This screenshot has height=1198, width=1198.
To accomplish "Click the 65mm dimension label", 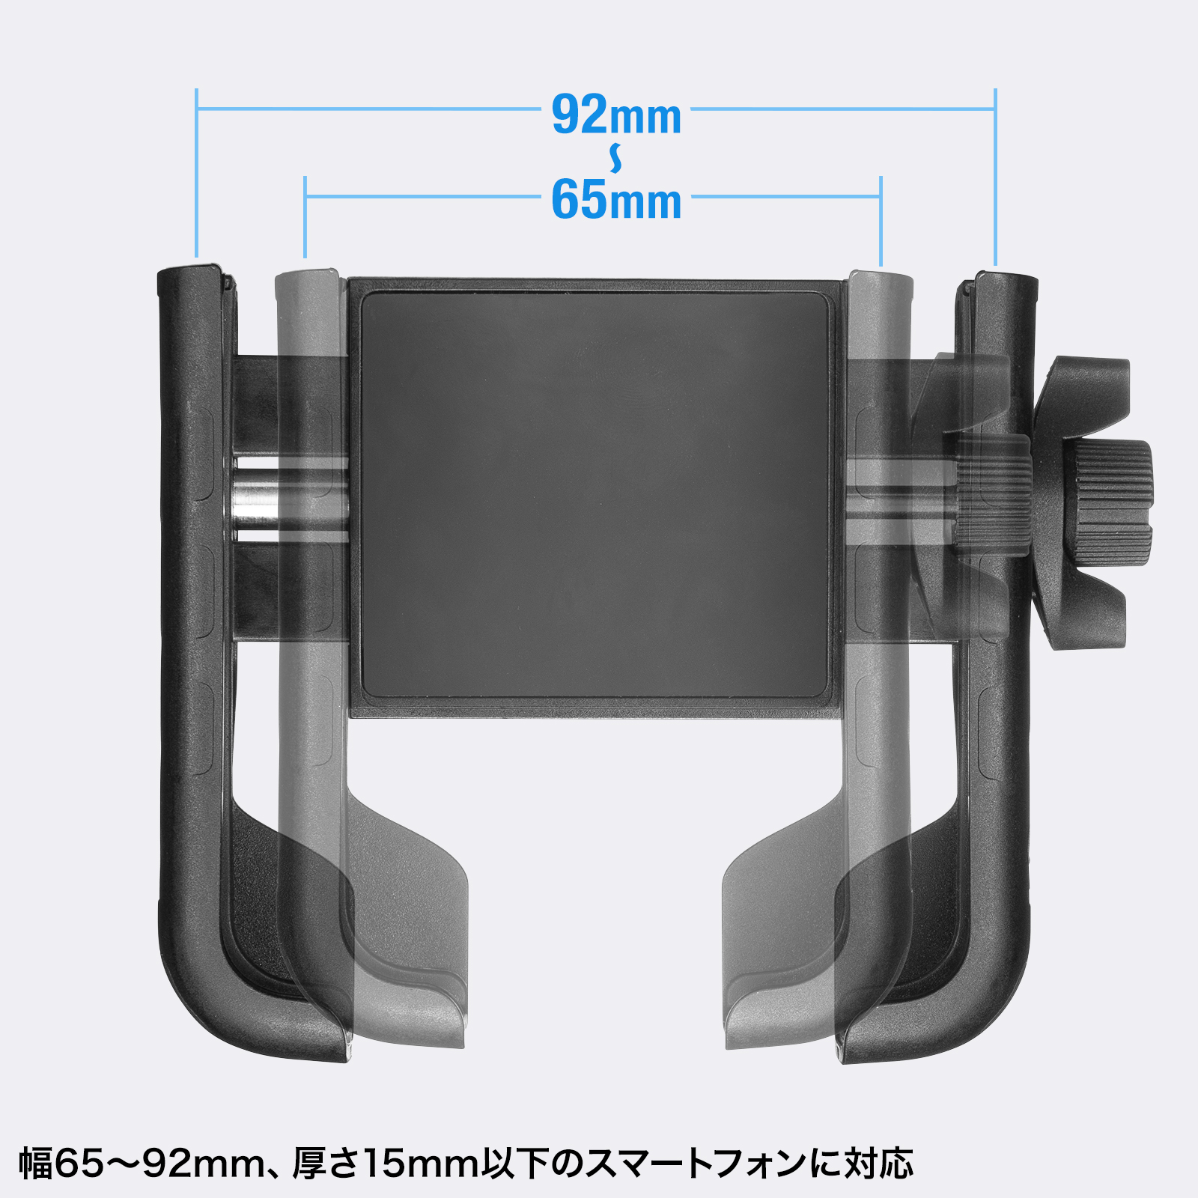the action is click(616, 200).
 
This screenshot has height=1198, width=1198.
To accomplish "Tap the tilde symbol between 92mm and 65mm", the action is click(615, 158).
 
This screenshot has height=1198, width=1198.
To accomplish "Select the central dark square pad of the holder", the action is click(596, 496).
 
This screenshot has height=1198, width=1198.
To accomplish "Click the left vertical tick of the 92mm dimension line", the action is click(196, 173).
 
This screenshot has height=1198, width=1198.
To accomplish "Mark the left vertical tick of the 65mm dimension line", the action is click(305, 217).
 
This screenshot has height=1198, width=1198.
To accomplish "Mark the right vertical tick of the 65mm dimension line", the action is click(881, 222).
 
